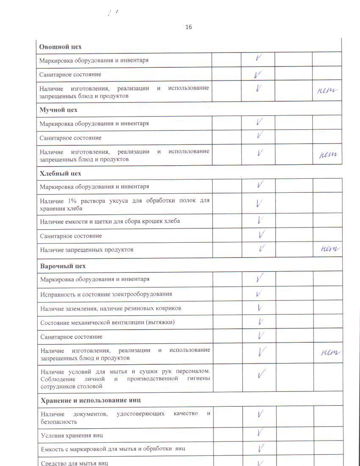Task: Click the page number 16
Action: click(188, 27)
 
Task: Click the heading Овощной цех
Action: click(60, 47)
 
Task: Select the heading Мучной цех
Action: click(58, 110)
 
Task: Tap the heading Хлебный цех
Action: click(60, 173)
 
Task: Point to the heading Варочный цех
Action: click(63, 266)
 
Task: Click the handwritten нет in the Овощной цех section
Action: click(327, 90)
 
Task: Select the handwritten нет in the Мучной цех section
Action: click(328, 155)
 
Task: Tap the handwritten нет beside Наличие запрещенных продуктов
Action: click(330, 249)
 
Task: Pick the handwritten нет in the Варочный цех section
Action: click(331, 352)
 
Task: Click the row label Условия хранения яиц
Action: click(72, 435)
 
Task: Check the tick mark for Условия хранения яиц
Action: click(261, 433)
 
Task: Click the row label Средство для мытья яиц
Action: click(75, 463)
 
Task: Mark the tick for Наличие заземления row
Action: click(260, 308)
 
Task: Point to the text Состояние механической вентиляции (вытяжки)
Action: click(108, 322)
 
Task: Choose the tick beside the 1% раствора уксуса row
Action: click(260, 203)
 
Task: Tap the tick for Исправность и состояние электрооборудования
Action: click(260, 293)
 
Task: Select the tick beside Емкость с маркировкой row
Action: click(261, 447)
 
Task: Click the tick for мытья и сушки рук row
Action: click(261, 373)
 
